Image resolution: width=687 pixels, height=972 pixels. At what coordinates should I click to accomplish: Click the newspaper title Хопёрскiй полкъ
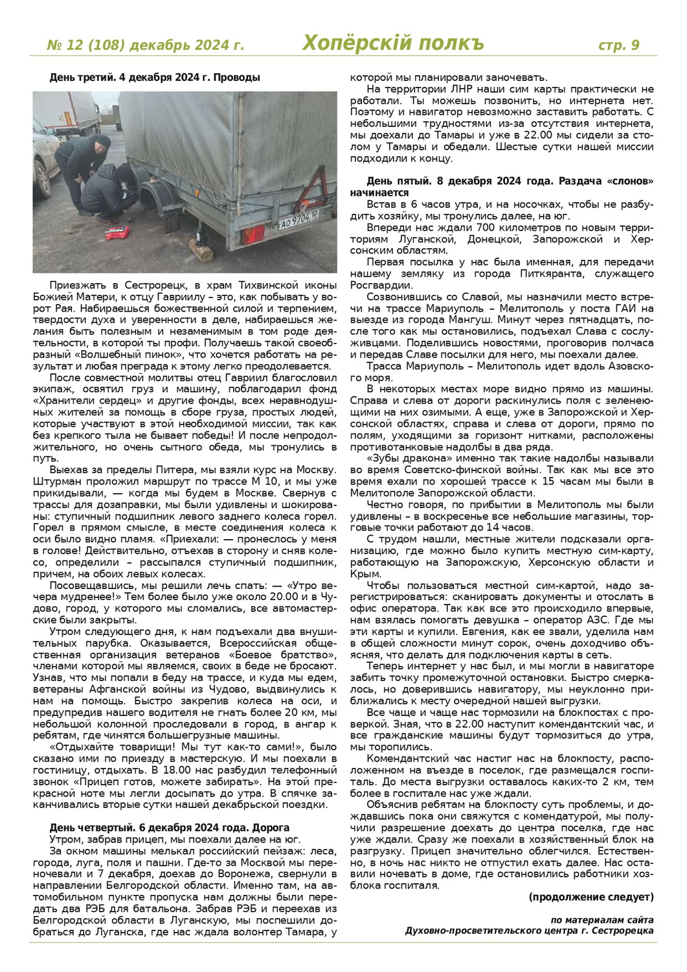point(393,43)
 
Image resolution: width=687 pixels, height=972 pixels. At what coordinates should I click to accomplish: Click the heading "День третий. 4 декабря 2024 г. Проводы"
point(155,78)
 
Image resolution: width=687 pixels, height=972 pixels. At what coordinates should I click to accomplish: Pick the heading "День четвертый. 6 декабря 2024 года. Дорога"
point(169,827)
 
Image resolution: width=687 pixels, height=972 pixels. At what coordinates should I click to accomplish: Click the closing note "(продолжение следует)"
point(591,897)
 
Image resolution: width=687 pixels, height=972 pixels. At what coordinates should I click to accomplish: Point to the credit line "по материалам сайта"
point(602,920)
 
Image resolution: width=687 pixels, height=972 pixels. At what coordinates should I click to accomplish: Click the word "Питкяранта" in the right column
point(557,273)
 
